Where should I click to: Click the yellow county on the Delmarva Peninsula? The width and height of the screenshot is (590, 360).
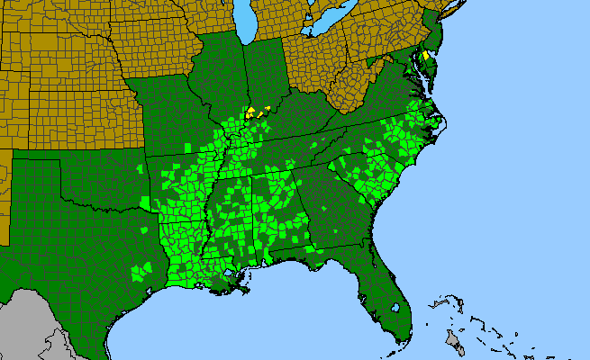[x=425, y=55]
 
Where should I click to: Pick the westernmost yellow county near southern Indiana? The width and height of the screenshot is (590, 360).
[x=248, y=114]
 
